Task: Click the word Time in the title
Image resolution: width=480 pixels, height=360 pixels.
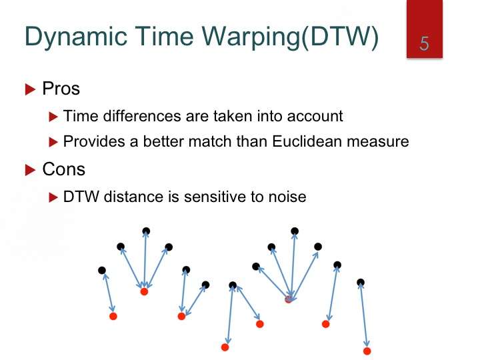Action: tap(164, 36)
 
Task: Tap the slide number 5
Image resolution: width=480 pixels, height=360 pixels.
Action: tap(424, 43)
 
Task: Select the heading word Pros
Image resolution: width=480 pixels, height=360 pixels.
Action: tap(61, 89)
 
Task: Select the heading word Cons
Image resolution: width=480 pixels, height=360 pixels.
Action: tap(64, 169)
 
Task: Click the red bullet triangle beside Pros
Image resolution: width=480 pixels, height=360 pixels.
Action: tap(30, 89)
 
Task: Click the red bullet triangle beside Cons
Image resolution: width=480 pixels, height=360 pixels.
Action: tap(30, 170)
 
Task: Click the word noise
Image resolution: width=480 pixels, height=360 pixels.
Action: tap(287, 197)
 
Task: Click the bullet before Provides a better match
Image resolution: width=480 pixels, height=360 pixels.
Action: tap(53, 142)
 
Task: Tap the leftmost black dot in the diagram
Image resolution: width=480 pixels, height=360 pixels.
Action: tap(102, 270)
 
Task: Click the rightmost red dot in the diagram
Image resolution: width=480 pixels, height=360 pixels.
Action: tap(367, 351)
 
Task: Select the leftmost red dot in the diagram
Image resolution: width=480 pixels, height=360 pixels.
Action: tap(113, 316)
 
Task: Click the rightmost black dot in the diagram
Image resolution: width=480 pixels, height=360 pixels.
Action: tap(361, 282)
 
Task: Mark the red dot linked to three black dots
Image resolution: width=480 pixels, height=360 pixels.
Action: tap(144, 291)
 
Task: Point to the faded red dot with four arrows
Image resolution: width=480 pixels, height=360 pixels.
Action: tap(289, 299)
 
